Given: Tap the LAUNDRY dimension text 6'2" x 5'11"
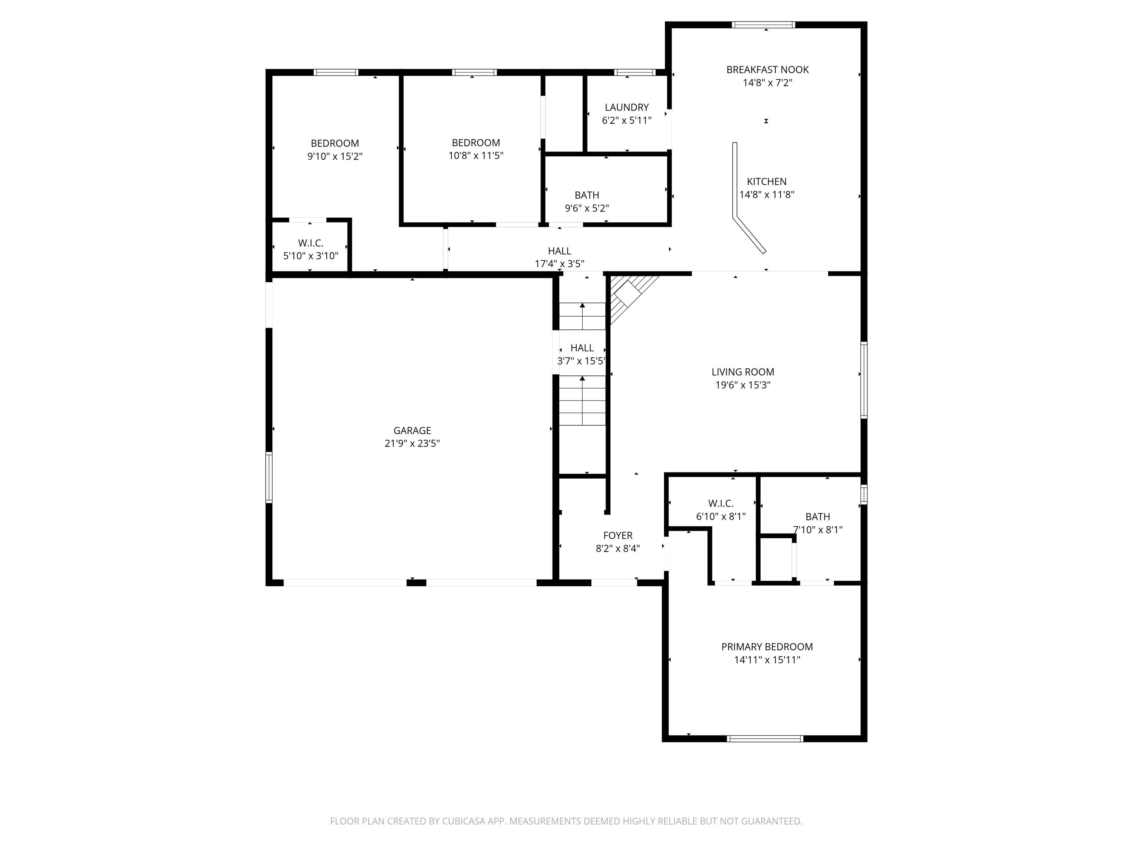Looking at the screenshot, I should pos(627,121).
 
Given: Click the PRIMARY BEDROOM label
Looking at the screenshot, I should pos(767,647).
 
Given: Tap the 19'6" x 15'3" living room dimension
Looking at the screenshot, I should pos(743,385).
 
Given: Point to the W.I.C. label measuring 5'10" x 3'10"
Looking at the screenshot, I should pos(310,243).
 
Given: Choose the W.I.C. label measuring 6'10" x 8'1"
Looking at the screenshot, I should pos(721,504).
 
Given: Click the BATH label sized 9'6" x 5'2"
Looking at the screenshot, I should pos(587,195).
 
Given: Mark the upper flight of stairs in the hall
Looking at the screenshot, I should pos(582,315).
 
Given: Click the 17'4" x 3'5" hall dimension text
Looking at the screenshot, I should pos(559,264).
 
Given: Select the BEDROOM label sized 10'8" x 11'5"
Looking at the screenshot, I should pos(475,143).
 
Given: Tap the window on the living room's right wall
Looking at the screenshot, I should pos(864,380).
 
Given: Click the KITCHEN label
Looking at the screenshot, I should pos(766,181).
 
